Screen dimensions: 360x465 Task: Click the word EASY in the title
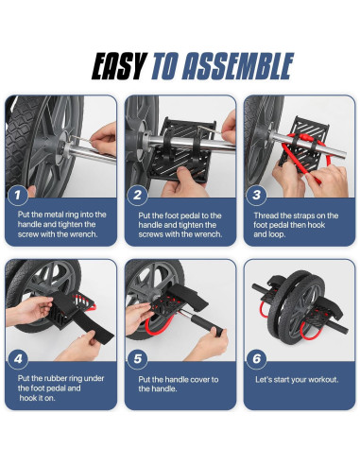pos(119,66)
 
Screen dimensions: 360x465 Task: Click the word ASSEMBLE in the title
pos(238,66)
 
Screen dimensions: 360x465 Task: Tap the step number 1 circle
pos(17,195)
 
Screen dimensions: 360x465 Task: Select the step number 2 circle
pos(137,195)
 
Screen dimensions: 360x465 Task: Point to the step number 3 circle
pos(257,195)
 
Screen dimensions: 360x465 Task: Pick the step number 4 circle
pos(18,359)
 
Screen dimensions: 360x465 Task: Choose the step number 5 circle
pos(138,359)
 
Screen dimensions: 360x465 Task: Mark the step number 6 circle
pos(257,359)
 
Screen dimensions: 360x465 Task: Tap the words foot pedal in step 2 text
pos(182,215)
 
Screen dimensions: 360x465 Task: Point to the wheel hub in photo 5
pos(154,296)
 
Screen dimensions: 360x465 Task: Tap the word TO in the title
pos(163,66)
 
